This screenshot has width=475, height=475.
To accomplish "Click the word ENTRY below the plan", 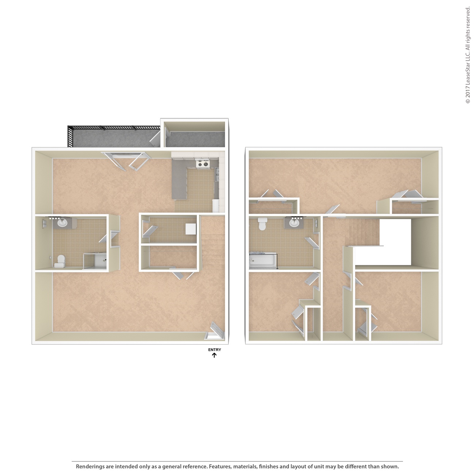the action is coord(214,350).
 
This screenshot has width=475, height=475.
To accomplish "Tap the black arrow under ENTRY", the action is coord(214,355).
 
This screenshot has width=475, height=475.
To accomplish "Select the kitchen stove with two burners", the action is coord(202,164).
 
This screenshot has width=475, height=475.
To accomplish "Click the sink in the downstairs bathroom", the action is coord(62,223).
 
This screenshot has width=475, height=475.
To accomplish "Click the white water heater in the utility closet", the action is coord(191,229).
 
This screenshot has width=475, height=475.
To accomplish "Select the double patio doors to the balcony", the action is coord(126,160).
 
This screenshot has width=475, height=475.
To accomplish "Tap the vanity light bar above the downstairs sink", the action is coord(54,218).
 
